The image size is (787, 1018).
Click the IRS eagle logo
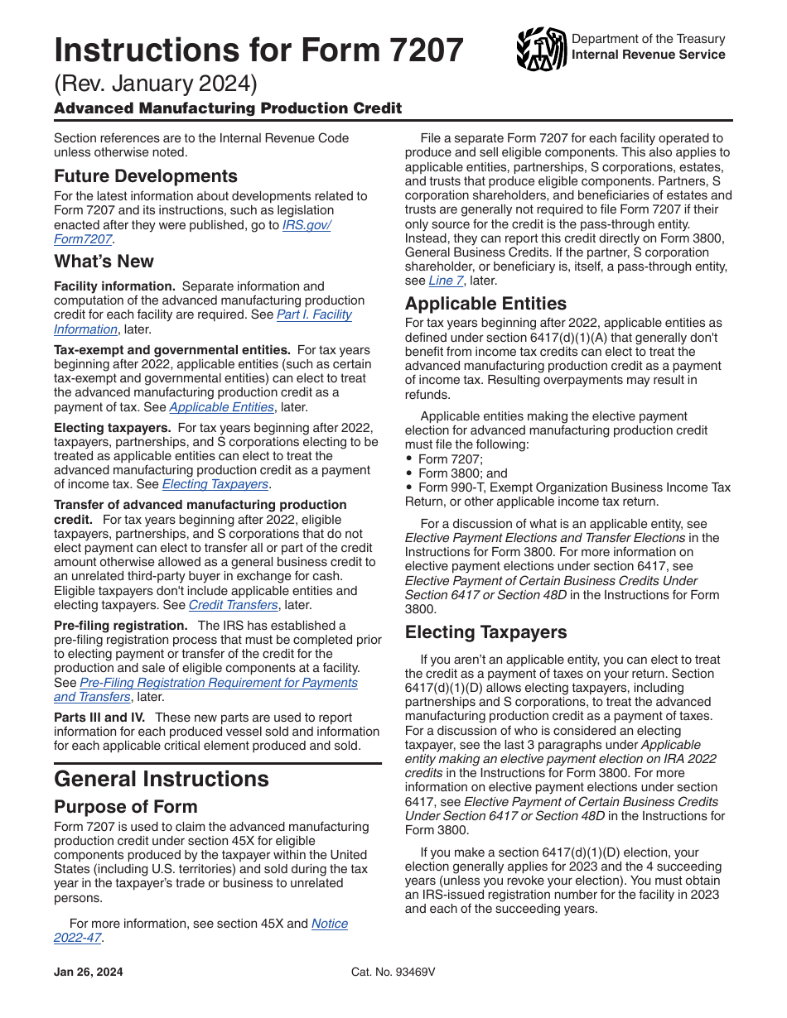pos(541,49)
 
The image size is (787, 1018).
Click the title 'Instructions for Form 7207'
pos(258,50)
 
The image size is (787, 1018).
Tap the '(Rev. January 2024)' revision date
pos(156,85)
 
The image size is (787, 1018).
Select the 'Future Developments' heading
pos(145,176)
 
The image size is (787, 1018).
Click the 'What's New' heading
pos(104,262)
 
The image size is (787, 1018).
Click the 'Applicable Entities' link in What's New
pos(221,407)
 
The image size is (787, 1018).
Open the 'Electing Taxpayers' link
pos(215,484)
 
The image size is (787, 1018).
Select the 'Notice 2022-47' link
pos(329,924)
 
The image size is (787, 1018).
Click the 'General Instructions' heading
pos(161,780)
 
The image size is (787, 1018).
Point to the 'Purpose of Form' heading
pos(125,807)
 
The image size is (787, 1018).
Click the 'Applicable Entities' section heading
pos(485,304)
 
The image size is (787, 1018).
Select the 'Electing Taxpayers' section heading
pos(485,632)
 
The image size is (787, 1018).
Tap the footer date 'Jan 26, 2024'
pos(88,972)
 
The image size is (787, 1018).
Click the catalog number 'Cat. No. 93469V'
pos(393,972)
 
